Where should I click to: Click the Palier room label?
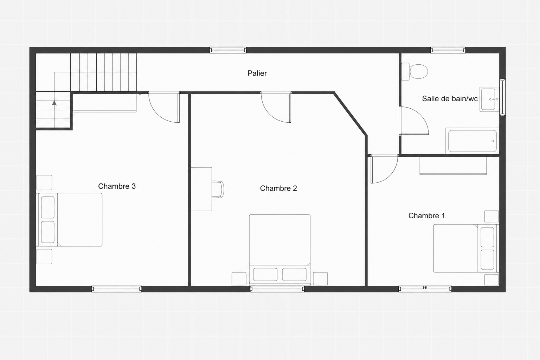[x=257, y=73]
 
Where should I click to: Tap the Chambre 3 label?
[x=117, y=186]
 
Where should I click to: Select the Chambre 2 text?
[x=278, y=188]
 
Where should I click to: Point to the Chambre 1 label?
[x=426, y=216]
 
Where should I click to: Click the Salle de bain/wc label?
[x=450, y=99]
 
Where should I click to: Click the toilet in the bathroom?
[x=414, y=72]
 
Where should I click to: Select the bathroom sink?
[x=489, y=99]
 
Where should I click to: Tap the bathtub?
[x=472, y=141]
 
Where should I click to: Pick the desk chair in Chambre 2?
[x=218, y=189]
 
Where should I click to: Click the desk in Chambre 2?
[x=201, y=189]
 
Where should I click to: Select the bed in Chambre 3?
[x=69, y=220]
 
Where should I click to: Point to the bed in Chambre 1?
[x=466, y=248]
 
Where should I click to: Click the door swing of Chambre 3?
[x=164, y=108]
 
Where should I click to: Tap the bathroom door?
[x=414, y=121]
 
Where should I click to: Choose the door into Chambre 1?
[x=384, y=169]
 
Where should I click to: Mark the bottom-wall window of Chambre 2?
[x=277, y=289]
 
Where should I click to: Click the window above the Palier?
[x=228, y=50]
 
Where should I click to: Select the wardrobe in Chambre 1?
[x=453, y=166]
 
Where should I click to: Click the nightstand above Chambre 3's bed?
[x=44, y=182]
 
